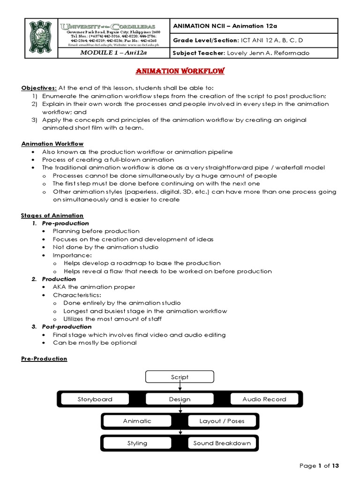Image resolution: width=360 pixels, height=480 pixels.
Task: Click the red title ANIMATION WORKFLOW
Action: [180, 71]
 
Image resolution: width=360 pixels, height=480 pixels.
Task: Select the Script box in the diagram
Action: [180, 377]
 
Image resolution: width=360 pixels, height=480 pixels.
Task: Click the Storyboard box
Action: [95, 399]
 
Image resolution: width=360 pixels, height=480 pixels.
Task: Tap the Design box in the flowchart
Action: [180, 399]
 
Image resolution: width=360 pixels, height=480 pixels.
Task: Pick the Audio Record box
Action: [264, 399]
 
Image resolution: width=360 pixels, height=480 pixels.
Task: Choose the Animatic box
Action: [137, 421]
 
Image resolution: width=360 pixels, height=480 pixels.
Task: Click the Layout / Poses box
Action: [222, 421]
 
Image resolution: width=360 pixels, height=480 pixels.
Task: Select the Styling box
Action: [137, 443]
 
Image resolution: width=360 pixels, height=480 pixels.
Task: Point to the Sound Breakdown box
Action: [222, 443]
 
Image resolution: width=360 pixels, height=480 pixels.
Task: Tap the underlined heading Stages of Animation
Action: [52, 215]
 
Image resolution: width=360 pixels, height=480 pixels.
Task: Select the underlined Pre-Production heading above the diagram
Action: [44, 359]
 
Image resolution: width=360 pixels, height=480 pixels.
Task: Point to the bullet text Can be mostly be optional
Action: [95, 343]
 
